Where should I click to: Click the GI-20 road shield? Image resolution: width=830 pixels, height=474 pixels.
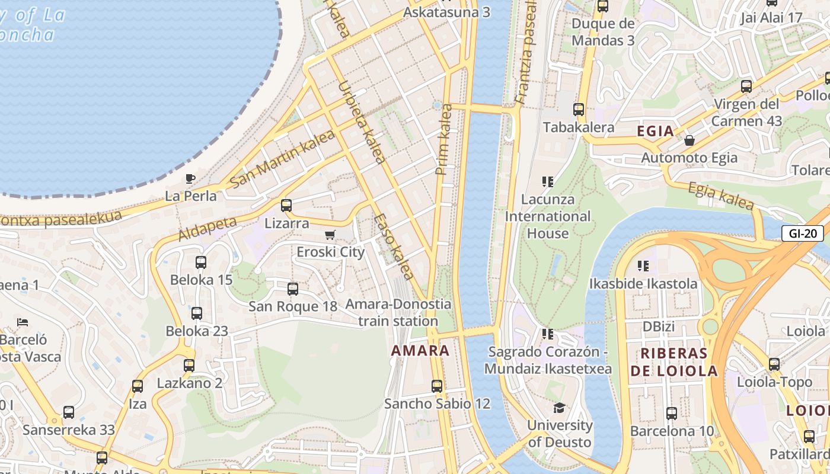pos(803,233)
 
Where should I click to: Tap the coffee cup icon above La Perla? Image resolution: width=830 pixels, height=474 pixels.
pos(190,178)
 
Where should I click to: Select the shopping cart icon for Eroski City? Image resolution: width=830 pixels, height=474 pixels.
pos(330,235)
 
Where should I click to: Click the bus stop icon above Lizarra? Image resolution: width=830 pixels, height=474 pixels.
pos(286,206)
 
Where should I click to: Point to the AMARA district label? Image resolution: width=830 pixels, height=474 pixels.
pos(420,350)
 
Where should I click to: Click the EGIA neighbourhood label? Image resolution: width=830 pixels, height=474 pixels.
pos(655,131)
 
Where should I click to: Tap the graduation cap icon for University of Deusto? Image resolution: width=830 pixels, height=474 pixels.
pos(559,408)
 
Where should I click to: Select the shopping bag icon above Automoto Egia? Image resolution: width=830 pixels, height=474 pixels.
pos(689,140)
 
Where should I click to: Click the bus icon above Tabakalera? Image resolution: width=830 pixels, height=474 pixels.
pos(579,110)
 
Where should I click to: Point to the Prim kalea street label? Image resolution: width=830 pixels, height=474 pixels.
pos(443,140)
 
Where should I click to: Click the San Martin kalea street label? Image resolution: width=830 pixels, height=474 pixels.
pos(282,158)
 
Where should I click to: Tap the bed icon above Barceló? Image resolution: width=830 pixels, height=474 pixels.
pos(23,323)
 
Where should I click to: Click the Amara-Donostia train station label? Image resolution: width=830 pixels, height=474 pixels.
pos(398,312)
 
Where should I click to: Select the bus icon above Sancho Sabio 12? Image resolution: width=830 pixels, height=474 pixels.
pos(437,386)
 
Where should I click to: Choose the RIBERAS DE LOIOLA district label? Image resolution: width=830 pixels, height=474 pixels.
pos(673,362)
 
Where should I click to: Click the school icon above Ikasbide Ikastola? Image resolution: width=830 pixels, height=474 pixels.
pos(643,266)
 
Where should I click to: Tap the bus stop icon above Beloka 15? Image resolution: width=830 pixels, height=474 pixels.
pos(201,262)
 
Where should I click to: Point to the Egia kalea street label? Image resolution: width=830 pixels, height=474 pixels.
pos(720,196)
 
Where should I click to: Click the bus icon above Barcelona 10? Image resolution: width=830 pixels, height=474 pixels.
pos(672,414)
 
